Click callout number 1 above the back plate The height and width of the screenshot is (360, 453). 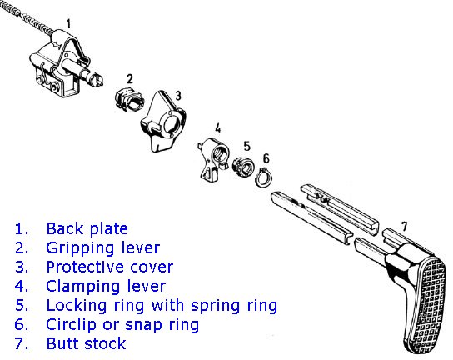[x=68, y=23]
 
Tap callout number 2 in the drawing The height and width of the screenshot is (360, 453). [x=130, y=79]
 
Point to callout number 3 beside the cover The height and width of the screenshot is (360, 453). [x=178, y=96]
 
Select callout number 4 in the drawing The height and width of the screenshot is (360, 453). [x=218, y=128]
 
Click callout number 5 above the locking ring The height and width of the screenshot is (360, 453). [x=246, y=146]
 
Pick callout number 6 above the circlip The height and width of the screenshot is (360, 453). [x=266, y=158]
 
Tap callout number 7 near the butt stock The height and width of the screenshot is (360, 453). [x=405, y=227]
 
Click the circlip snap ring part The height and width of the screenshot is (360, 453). [x=263, y=177]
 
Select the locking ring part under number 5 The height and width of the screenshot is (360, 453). [x=243, y=167]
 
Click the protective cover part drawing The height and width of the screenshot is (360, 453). [x=162, y=122]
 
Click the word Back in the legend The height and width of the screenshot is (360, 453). [x=64, y=228]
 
